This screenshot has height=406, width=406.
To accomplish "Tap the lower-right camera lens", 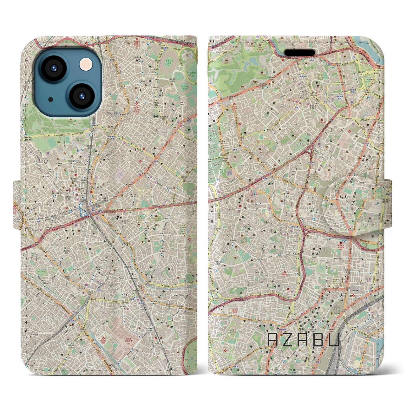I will pos(81,96).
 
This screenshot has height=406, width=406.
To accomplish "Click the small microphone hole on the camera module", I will pos(51,99).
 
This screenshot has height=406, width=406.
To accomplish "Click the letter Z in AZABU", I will pos(288,340).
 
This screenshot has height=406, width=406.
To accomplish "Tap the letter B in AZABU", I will pos(318,340).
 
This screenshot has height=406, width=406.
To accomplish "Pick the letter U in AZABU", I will pos(334,340).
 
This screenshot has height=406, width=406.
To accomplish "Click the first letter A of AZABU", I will pos(273,340).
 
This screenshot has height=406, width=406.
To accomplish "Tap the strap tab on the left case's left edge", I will pos(17,204).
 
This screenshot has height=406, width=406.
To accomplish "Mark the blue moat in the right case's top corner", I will pos(365,43).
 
